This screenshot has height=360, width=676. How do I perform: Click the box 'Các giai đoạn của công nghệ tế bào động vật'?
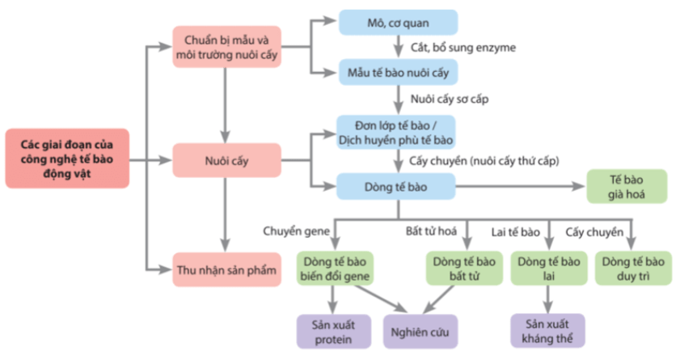pos(67,158)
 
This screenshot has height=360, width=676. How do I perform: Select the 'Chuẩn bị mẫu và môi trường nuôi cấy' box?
pos(226,47)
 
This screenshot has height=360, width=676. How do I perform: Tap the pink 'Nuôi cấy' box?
pos(226,160)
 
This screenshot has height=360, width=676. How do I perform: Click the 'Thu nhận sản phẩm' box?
pos(226,269)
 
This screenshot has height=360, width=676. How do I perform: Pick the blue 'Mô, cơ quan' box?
pos(398,23)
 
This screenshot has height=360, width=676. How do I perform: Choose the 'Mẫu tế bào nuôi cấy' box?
pos(398,72)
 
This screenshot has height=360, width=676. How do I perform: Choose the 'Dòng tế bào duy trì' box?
pos(633,269)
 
